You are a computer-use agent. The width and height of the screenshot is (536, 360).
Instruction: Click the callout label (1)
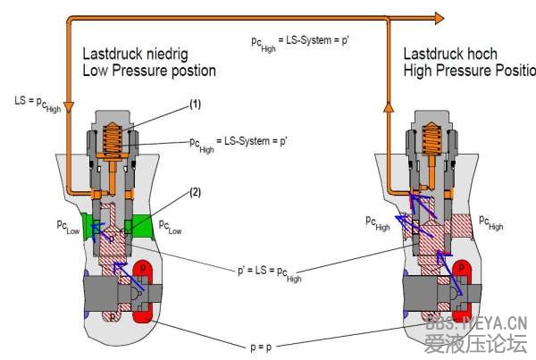[x=195, y=105]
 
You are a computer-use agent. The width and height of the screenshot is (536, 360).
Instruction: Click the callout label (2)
[x=196, y=192]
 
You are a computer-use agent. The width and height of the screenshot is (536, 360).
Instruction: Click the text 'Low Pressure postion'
[x=149, y=70]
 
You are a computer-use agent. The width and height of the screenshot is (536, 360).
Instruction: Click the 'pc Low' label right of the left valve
[x=170, y=227]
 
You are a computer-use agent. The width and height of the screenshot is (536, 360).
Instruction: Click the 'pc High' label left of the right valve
[x=377, y=222]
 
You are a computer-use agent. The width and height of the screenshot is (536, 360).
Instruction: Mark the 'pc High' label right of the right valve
[x=490, y=222]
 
